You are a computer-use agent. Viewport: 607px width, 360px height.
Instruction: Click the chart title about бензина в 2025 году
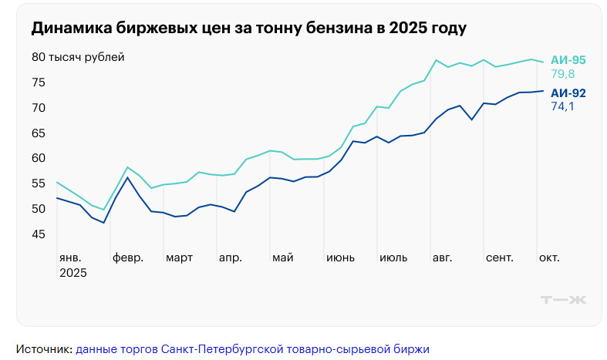(x=249, y=29)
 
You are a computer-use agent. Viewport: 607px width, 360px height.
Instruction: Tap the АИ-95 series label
(x=568, y=60)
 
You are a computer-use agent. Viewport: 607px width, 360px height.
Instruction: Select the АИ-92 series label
(x=568, y=93)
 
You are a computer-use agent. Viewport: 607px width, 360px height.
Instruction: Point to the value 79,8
(x=562, y=74)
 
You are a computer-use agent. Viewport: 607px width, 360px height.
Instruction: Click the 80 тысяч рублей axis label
(x=78, y=57)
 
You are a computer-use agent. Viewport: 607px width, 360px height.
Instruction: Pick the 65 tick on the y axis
(x=39, y=133)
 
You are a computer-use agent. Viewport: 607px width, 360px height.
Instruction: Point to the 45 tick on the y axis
(x=39, y=234)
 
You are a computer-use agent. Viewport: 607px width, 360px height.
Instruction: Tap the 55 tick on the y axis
(x=39, y=183)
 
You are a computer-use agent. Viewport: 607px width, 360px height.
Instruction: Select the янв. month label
(x=70, y=257)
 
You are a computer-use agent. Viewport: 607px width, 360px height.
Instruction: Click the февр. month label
(x=128, y=257)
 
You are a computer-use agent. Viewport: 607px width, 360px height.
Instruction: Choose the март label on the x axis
(x=180, y=257)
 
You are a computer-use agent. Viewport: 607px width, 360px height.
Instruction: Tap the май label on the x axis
(x=283, y=257)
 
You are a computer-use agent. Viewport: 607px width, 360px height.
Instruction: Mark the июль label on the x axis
(x=393, y=257)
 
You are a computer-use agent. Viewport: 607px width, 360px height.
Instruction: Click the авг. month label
(x=443, y=257)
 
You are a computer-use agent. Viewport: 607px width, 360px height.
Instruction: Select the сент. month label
(x=500, y=257)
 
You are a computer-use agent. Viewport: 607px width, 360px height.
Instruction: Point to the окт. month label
(x=549, y=257)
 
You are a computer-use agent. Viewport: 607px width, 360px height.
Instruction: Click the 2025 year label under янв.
(x=73, y=273)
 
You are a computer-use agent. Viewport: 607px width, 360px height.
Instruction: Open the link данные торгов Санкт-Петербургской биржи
(x=252, y=348)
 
